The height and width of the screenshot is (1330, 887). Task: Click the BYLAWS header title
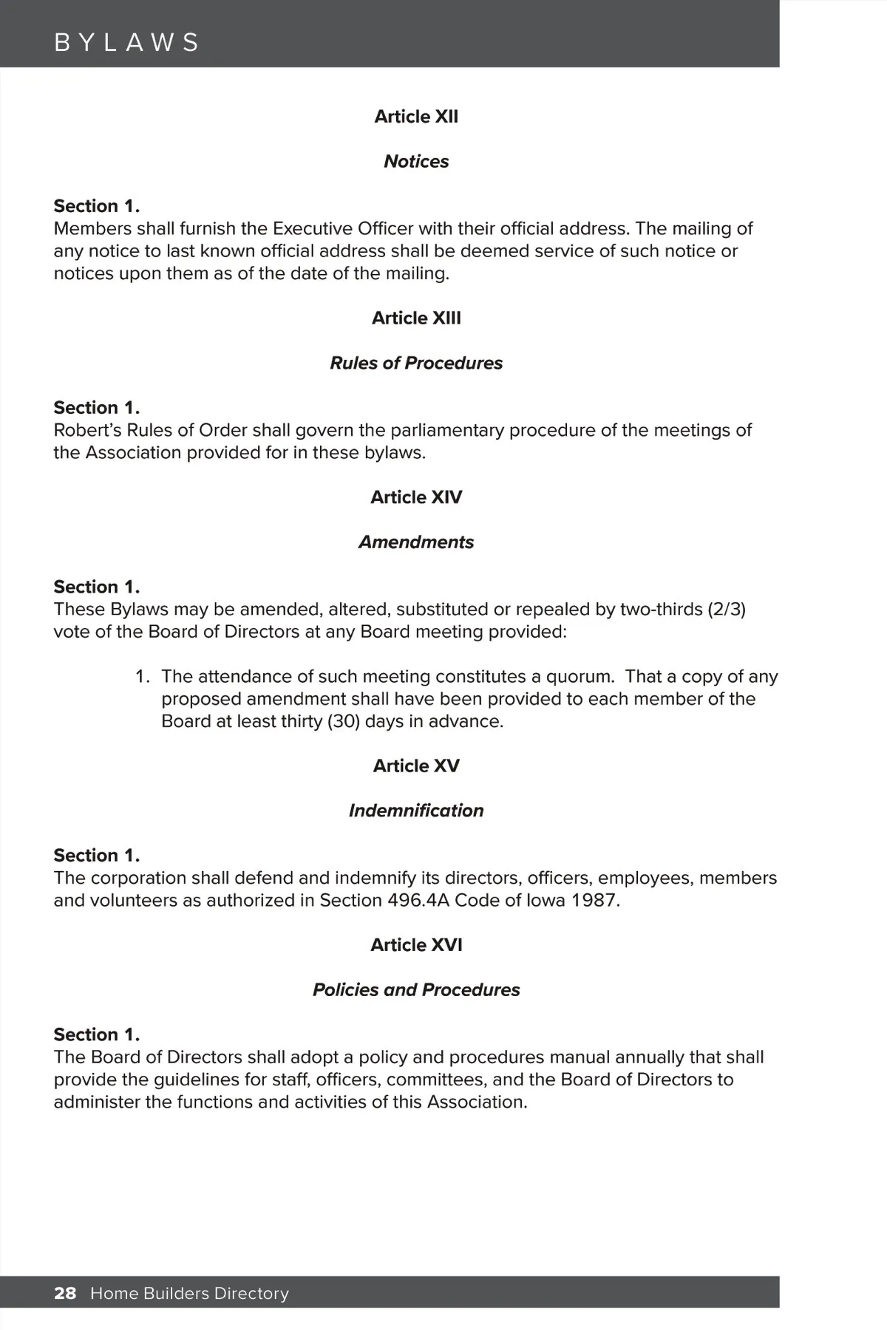(126, 42)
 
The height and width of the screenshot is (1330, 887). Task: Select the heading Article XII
(416, 117)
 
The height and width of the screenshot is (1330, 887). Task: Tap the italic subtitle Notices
(416, 161)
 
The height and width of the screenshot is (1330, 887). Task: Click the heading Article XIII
(416, 318)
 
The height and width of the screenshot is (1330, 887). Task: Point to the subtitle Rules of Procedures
(416, 363)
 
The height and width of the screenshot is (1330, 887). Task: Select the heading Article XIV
(416, 497)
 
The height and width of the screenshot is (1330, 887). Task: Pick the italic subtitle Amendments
(416, 542)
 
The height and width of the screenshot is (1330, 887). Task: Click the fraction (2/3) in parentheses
(727, 610)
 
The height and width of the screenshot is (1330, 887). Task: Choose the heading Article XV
(416, 766)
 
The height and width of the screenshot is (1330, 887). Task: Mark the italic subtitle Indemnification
(416, 811)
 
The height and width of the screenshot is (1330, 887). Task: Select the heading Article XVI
(416, 945)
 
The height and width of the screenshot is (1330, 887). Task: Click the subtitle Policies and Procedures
(416, 990)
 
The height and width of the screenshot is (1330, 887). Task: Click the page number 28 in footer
(65, 1293)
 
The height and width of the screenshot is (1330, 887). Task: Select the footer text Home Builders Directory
(189, 1293)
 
